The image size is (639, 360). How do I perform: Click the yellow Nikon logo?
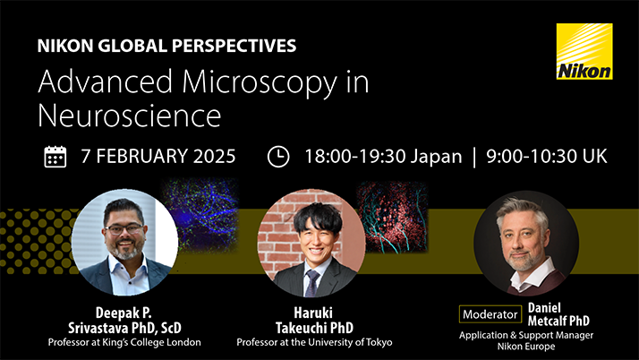(584, 52)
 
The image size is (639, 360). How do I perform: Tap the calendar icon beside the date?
(55, 156)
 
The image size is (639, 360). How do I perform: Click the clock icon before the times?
(279, 156)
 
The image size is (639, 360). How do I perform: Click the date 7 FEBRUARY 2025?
(158, 156)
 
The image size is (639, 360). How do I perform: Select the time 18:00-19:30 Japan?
(383, 156)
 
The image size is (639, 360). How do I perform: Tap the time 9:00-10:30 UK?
(547, 156)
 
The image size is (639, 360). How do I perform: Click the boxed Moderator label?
(490, 314)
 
